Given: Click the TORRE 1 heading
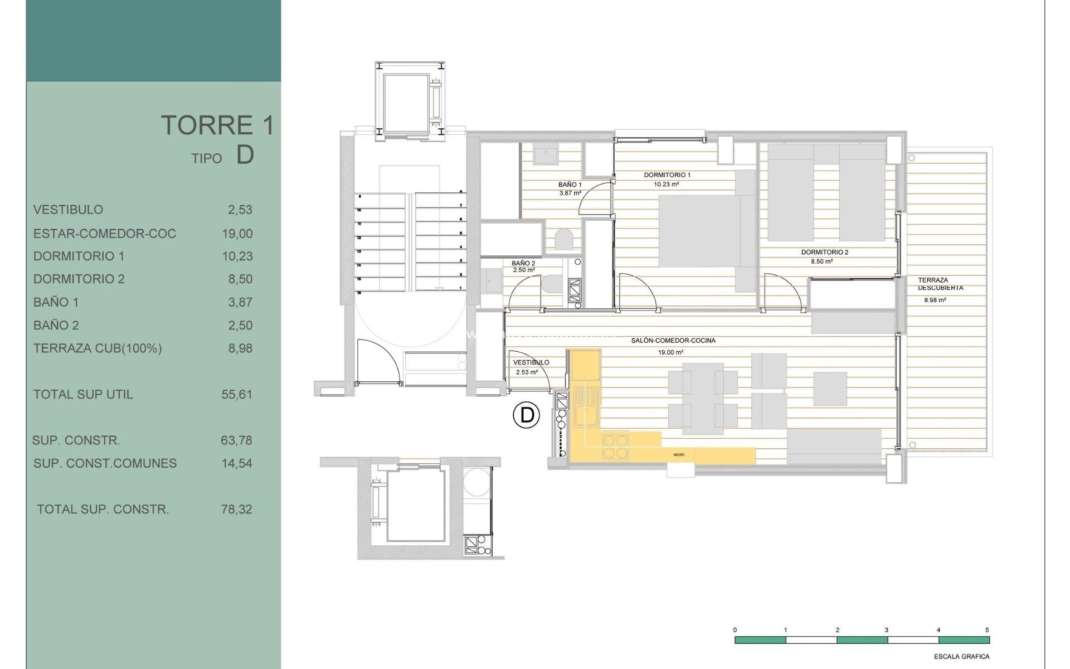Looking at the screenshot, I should click(217, 125).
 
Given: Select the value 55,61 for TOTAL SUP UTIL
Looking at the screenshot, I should click(237, 395).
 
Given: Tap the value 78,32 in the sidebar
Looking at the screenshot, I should click(237, 510).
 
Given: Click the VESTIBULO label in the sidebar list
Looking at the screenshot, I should click(68, 210).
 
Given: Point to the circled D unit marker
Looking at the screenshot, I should click(526, 415).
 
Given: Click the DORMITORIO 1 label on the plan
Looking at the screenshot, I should click(667, 175).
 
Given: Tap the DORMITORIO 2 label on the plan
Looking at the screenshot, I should click(824, 253).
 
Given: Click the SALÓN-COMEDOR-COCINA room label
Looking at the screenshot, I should click(673, 341).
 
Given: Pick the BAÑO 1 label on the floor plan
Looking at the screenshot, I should click(570, 185).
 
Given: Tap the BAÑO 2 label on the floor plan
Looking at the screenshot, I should click(523, 263).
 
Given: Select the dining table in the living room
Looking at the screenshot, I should click(703, 399).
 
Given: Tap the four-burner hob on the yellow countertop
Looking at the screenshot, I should click(616, 447).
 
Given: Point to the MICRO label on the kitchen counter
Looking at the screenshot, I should click(679, 455).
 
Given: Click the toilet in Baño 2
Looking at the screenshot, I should click(552, 284).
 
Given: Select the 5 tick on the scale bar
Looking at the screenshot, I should click(987, 630).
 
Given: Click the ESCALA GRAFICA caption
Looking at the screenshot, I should click(961, 657).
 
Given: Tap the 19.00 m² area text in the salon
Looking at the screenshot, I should click(670, 352).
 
